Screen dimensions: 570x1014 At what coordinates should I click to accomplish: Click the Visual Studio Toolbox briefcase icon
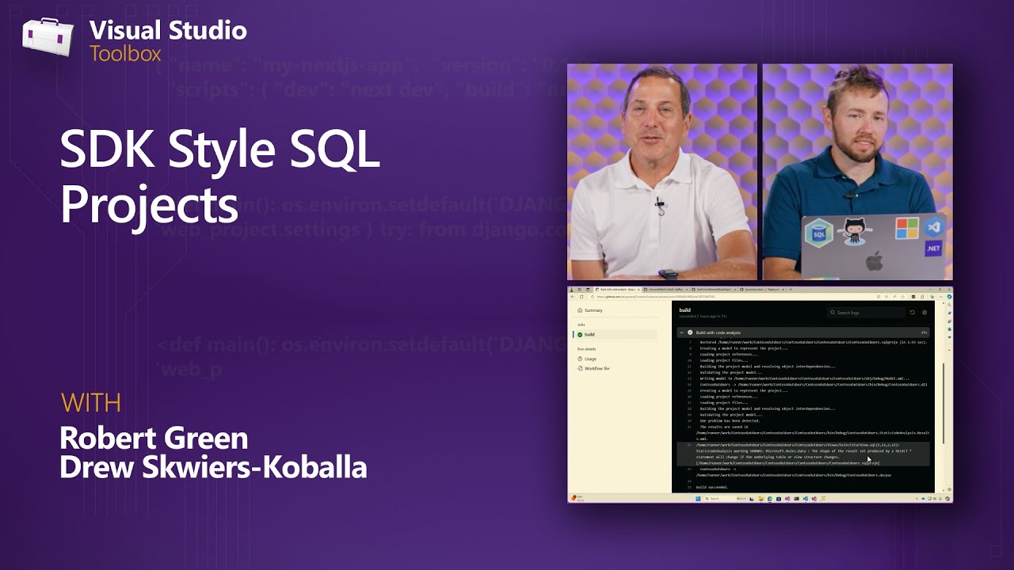click(x=47, y=38)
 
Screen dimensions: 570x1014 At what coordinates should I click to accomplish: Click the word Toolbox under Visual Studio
click(x=125, y=54)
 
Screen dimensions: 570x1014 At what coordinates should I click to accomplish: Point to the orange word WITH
click(x=91, y=403)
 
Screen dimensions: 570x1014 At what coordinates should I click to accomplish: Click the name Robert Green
click(x=154, y=438)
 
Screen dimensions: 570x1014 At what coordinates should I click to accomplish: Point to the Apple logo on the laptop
click(x=873, y=261)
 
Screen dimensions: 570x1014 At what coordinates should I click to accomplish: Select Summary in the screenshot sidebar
click(x=593, y=310)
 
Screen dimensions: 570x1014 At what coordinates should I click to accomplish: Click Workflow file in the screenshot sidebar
click(x=596, y=368)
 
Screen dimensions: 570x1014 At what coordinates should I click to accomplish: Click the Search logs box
click(x=865, y=313)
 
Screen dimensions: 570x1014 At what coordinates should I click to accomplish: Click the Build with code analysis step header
click(x=718, y=332)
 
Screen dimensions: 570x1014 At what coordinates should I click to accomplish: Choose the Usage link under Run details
click(x=590, y=359)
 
